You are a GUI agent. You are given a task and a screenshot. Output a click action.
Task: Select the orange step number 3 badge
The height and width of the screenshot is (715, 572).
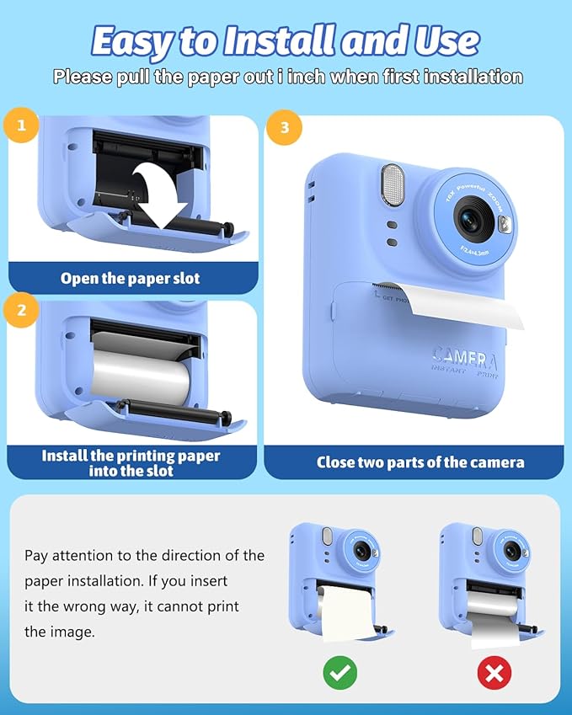(x=285, y=127)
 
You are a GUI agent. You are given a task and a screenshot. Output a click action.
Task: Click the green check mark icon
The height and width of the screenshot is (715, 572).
(x=340, y=671)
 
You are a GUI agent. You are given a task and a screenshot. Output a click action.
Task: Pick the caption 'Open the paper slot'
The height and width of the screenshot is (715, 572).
(x=131, y=278)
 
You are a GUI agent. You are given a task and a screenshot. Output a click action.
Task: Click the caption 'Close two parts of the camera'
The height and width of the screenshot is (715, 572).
(x=420, y=462)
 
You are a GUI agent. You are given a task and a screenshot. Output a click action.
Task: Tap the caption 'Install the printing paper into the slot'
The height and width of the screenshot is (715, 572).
(x=131, y=462)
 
